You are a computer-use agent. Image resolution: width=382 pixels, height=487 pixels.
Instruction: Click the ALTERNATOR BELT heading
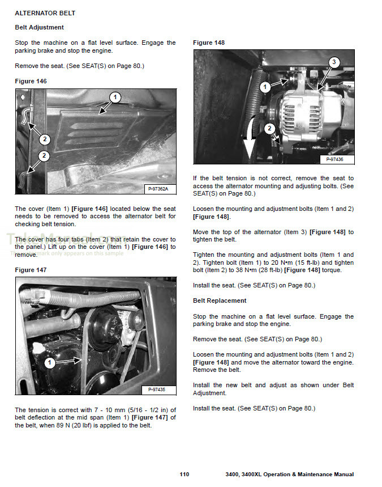click(x=45, y=13)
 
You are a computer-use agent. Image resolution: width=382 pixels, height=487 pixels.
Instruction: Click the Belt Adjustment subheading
click(x=39, y=27)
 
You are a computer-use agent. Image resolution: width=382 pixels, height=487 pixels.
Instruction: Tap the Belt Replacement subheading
click(x=220, y=300)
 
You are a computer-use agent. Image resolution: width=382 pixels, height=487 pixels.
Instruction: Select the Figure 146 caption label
click(x=31, y=81)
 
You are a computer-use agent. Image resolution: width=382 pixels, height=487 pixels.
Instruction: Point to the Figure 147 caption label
click(x=31, y=270)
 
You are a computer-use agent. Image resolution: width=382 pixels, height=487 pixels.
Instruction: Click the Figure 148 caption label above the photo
click(x=209, y=43)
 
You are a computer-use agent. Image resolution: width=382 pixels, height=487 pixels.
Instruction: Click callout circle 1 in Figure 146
click(x=115, y=98)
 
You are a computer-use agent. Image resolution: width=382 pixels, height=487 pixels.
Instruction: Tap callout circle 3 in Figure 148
click(x=334, y=62)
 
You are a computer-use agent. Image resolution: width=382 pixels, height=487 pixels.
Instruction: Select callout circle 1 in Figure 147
click(x=49, y=362)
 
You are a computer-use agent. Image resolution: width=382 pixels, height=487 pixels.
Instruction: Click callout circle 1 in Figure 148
click(x=265, y=87)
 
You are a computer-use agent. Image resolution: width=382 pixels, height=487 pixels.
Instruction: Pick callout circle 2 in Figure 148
click(x=269, y=128)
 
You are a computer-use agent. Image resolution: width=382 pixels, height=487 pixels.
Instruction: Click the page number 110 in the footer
click(x=184, y=474)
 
